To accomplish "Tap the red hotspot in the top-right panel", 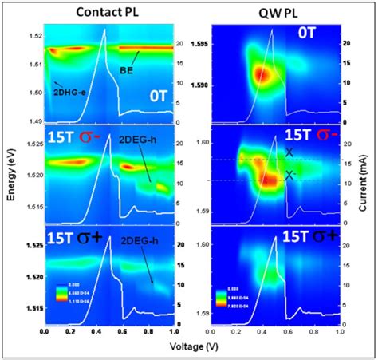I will tap(262, 74).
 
